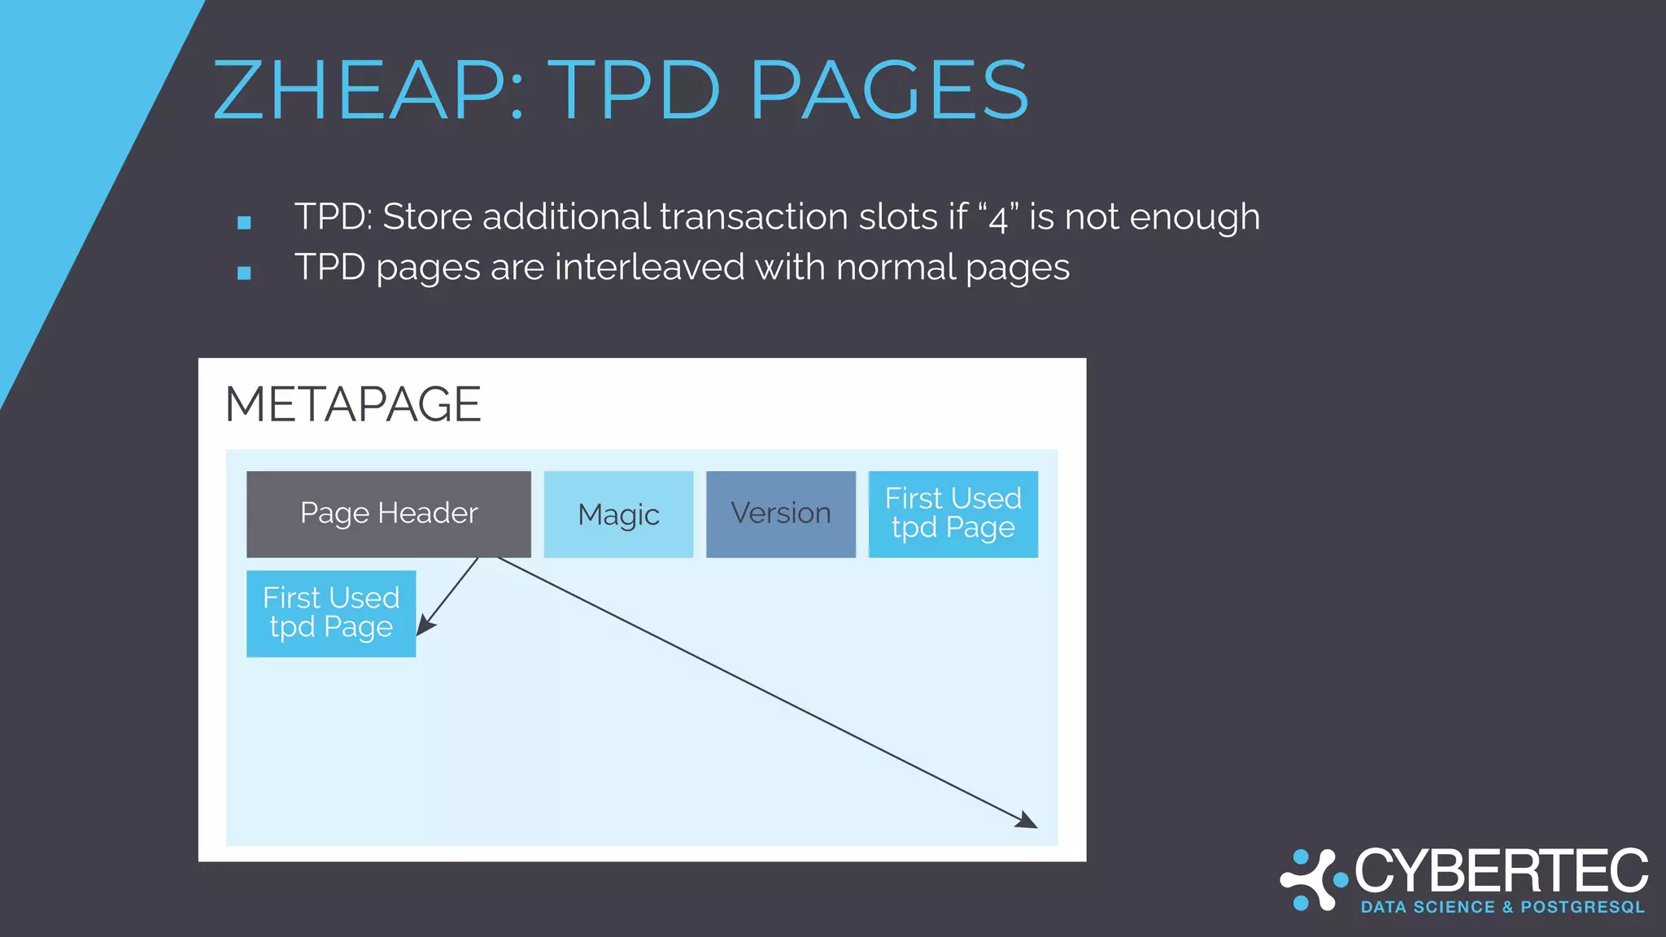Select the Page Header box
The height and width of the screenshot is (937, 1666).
(x=389, y=514)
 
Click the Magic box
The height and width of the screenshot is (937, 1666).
(x=618, y=514)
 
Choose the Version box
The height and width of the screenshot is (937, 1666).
(x=781, y=514)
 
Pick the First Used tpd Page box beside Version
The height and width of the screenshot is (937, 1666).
(x=953, y=514)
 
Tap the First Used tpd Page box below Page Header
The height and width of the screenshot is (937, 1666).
(x=331, y=613)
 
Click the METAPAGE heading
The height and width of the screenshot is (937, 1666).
(x=353, y=404)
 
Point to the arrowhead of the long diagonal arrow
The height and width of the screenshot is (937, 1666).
(x=1028, y=822)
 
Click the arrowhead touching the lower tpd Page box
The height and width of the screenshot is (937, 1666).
(x=425, y=626)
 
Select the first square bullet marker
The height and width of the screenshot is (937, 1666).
(x=244, y=222)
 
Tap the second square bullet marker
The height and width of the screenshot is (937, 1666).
(x=244, y=272)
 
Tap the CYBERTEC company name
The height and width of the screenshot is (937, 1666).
(x=1502, y=871)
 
